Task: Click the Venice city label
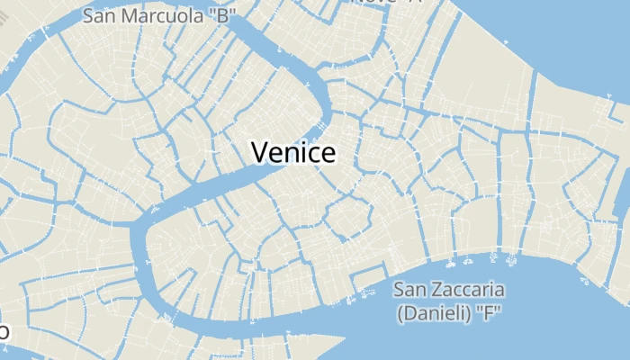tap(293, 152)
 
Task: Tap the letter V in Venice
tap(260, 152)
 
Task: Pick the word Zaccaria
tap(468, 290)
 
